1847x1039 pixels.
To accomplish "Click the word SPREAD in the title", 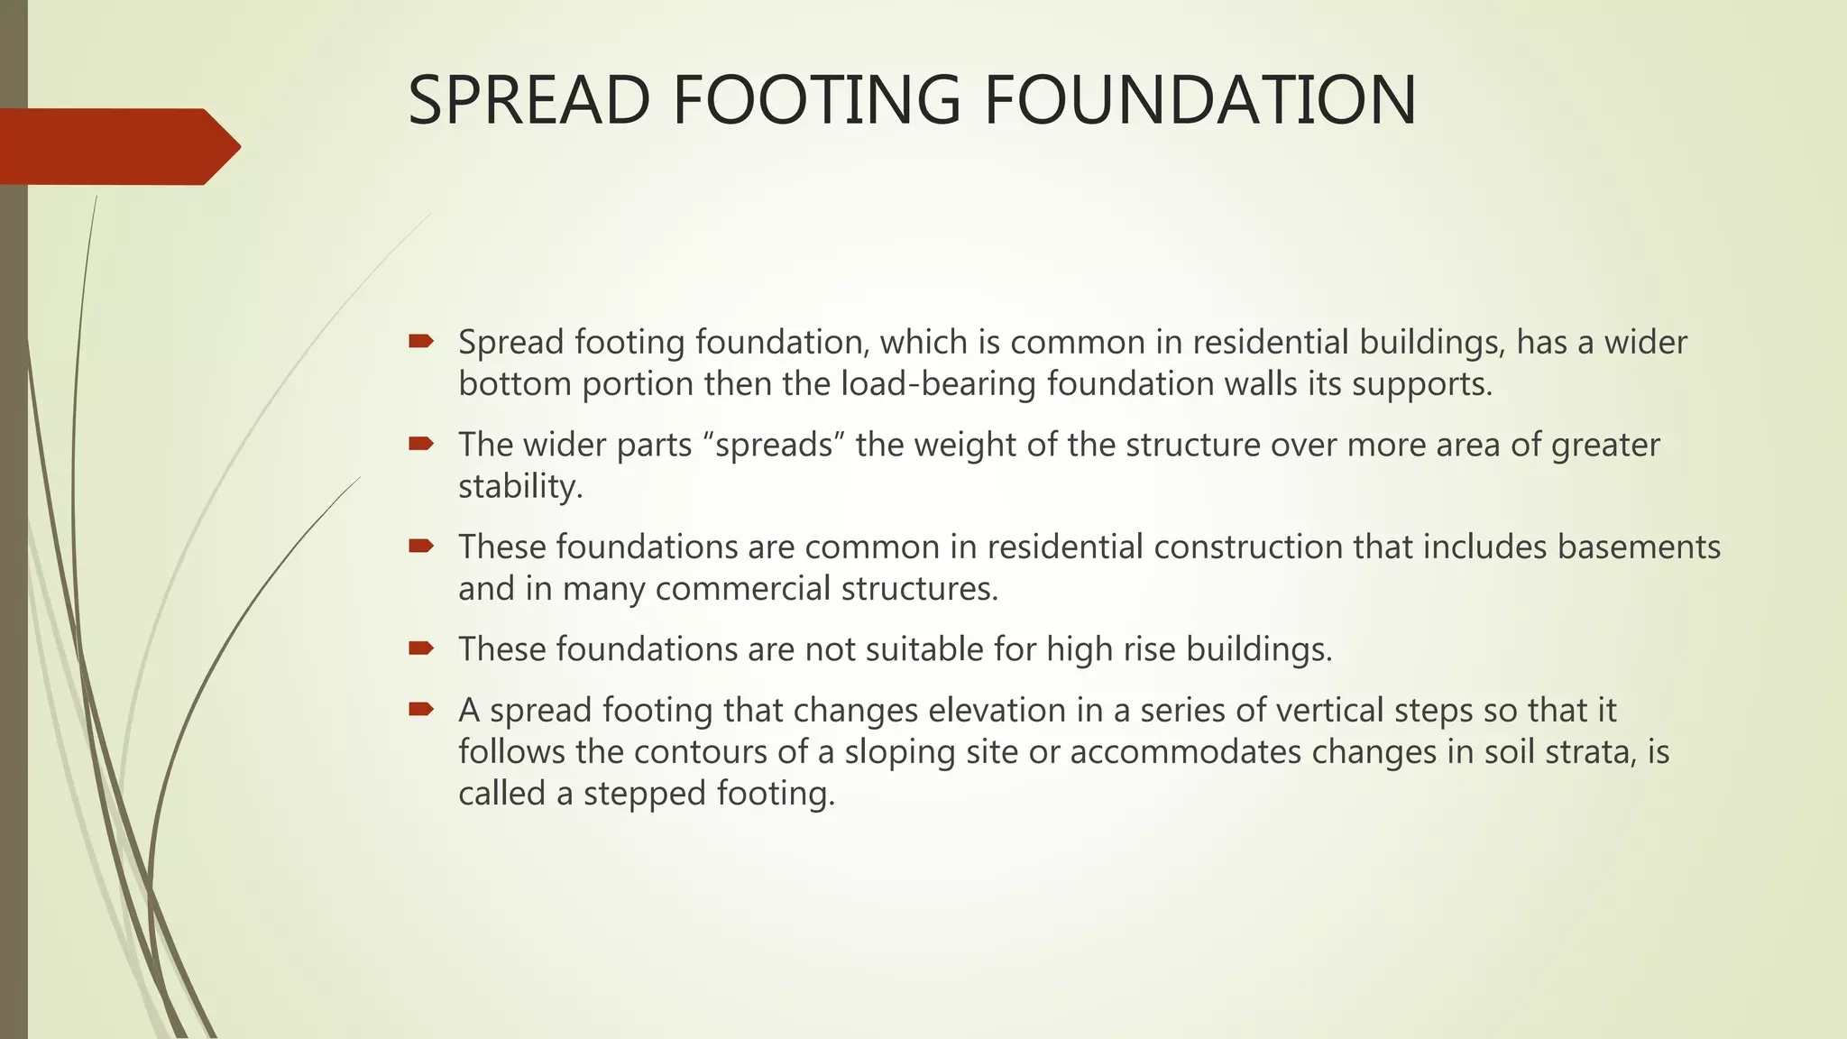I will [528, 100].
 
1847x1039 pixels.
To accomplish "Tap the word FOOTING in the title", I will [817, 100].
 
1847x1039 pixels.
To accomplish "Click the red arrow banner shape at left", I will [117, 146].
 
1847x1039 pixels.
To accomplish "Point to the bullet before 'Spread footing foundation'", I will [421, 341].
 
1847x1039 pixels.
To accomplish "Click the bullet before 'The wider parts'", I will [421, 443].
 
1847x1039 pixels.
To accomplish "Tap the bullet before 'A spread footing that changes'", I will [421, 709].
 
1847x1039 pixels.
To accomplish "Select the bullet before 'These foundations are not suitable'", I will [421, 648].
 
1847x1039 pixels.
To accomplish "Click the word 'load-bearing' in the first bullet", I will [938, 384].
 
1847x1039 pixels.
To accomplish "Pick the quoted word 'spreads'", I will [773, 445].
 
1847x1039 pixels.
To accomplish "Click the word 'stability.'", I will [520, 487].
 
